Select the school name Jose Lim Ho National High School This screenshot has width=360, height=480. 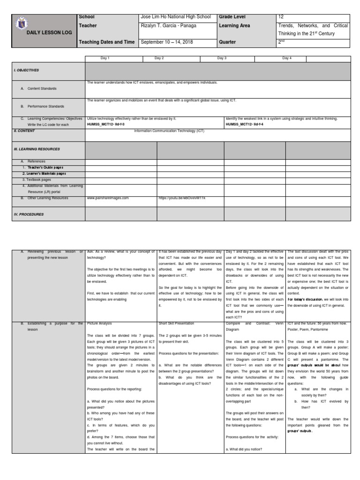point(176,17)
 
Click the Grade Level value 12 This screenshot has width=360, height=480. point(281,17)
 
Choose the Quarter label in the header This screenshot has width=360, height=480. point(228,42)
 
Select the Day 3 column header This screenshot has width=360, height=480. point(222,58)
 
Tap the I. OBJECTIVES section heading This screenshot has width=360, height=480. point(26,70)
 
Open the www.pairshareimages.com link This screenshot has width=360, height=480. point(108,198)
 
